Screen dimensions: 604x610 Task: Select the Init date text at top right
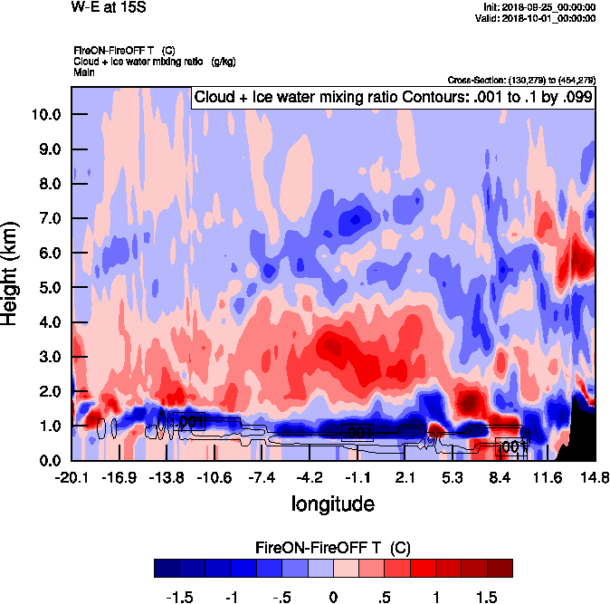[540, 7]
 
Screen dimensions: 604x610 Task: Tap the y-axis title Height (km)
[12, 273]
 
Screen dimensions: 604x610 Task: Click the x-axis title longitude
[332, 503]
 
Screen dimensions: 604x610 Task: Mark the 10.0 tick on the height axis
[45, 115]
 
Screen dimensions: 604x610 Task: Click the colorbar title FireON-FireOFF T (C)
[333, 548]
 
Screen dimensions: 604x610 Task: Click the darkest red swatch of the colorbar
[500, 568]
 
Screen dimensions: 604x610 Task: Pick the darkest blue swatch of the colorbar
[167, 568]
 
